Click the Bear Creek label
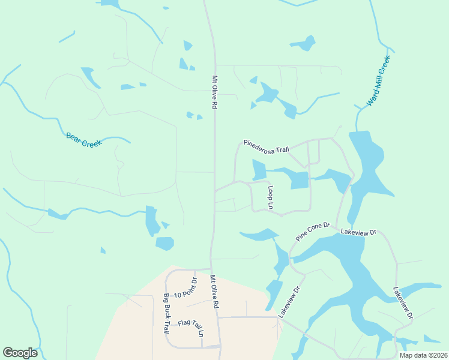point(84,140)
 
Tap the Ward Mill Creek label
point(379,82)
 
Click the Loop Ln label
point(271,197)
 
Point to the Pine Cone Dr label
point(313,232)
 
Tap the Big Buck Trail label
point(166,313)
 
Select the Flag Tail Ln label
point(191,328)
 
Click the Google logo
point(20,353)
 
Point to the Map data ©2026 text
point(423,355)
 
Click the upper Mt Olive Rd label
point(214,91)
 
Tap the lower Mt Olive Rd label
point(214,292)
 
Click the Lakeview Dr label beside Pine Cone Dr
point(358,232)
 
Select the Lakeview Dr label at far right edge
point(403,302)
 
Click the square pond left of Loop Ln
point(259,170)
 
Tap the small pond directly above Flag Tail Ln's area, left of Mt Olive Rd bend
point(164,244)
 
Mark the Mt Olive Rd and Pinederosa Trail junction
point(215,191)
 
